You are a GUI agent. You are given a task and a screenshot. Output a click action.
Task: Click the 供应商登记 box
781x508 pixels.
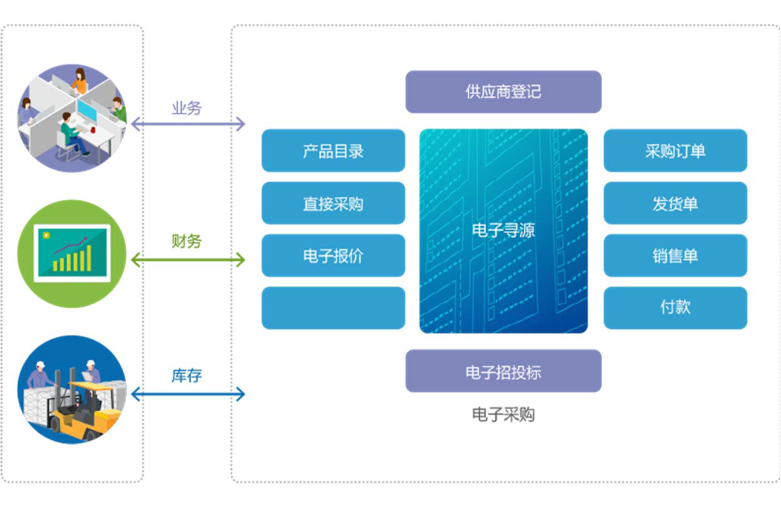[x=503, y=92]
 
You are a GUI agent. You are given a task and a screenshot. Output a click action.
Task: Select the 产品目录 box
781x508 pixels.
[x=333, y=150]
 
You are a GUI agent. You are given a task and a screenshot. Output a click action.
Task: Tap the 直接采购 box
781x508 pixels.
[x=333, y=203]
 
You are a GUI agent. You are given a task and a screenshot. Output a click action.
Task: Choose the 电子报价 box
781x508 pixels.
[x=333, y=255]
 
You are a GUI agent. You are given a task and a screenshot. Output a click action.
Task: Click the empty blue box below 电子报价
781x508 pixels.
[x=333, y=308]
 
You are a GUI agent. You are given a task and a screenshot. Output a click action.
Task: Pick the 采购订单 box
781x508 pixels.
[x=675, y=150]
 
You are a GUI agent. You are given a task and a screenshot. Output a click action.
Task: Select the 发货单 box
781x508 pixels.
[x=675, y=203]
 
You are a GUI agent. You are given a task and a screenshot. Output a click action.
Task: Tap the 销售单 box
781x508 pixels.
[x=675, y=255]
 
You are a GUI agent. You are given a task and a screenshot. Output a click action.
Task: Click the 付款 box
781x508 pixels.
[x=675, y=308]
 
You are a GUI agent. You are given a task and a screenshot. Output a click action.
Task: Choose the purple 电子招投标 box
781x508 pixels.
[x=503, y=371]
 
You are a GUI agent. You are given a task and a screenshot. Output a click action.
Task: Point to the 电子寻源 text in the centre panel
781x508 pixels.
[x=503, y=230]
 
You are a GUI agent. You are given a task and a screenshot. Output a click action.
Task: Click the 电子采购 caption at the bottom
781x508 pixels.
[x=503, y=414]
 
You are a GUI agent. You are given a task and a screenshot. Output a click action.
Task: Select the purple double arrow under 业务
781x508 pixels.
[x=188, y=125]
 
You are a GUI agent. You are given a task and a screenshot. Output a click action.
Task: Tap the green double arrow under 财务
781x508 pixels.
[x=188, y=260]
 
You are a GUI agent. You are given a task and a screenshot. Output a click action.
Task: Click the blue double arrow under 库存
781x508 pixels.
[x=188, y=395]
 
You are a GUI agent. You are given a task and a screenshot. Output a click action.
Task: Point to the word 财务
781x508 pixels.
[x=187, y=241]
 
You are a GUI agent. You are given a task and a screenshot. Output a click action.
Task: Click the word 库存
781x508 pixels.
[x=187, y=376]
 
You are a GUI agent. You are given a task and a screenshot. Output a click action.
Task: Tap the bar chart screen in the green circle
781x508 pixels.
[x=72, y=253]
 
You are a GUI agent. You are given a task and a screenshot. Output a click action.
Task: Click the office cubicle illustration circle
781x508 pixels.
[x=72, y=118]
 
